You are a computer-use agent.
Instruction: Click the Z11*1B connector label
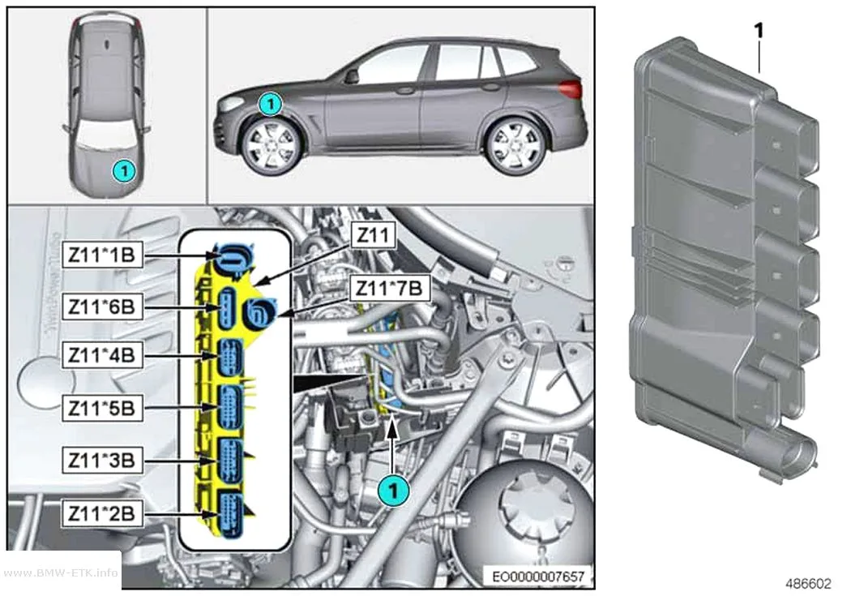point(102,255)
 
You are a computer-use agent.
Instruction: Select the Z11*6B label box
point(102,307)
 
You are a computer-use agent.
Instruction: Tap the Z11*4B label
point(102,355)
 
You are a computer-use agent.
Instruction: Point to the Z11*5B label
point(102,408)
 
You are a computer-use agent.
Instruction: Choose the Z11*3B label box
point(102,461)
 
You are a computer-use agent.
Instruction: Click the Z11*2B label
point(102,513)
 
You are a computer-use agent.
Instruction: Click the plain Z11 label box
point(374,236)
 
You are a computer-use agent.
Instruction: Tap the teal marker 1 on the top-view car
point(124,172)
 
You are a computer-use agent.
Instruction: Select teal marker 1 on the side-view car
point(270,104)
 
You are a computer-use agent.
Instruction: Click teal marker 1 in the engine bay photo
point(393,491)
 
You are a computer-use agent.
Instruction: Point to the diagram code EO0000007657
point(538,577)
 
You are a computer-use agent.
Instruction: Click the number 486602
point(808,584)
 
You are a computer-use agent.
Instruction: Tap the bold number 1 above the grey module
point(758,30)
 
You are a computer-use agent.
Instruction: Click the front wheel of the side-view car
point(269,146)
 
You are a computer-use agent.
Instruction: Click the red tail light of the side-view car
point(571,88)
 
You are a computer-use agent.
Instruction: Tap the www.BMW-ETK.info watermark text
point(61,572)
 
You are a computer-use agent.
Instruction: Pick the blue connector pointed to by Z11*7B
point(259,313)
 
